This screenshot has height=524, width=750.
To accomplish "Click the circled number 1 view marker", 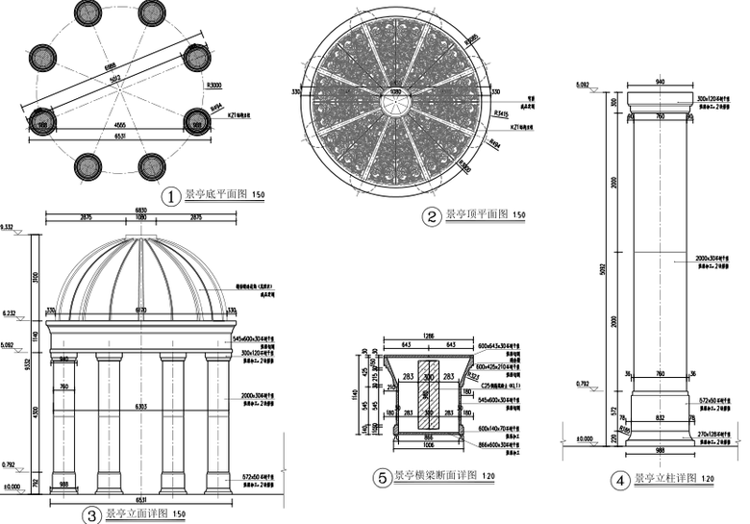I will point(171,197).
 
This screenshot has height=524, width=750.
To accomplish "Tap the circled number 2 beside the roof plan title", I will point(433,215).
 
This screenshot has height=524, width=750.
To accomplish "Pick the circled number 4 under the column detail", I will point(620,480).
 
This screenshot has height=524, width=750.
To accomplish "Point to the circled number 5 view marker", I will point(382,477).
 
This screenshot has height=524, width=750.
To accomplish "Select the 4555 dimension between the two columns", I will point(118,126).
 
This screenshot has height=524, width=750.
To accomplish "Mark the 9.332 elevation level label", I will point(12,229).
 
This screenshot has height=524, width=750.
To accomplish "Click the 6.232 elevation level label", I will point(12,312).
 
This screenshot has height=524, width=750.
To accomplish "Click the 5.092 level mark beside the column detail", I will point(583,86).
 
